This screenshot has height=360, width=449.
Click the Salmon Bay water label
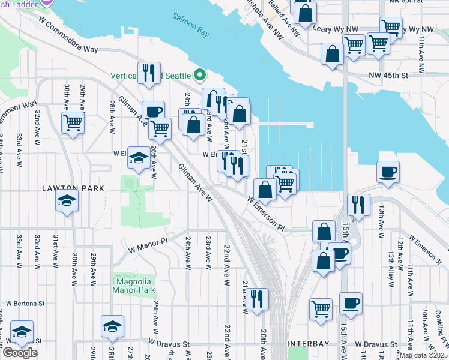click(191, 24)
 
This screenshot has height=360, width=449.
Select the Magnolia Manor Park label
click(133, 285)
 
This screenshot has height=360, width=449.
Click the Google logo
click(20, 353)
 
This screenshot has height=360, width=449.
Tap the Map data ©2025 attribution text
click(423, 355)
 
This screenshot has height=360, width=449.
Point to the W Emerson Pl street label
click(265, 212)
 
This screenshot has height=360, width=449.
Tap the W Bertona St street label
click(25, 304)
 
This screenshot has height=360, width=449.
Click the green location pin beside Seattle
click(200, 76)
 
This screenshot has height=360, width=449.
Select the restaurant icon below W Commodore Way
click(148, 72)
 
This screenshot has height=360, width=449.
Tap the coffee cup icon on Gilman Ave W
click(153, 111)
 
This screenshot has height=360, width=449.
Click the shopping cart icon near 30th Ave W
click(73, 122)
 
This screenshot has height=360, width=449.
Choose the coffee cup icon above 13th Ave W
click(388, 172)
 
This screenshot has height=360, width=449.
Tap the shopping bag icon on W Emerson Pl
click(264, 190)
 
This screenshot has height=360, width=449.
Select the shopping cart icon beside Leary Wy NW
click(391, 27)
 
